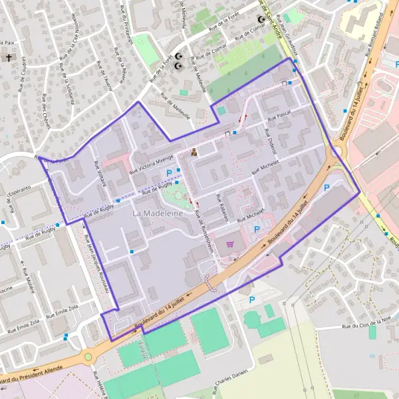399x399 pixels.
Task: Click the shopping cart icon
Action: point(230,244)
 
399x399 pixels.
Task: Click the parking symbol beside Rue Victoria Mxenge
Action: point(169,173)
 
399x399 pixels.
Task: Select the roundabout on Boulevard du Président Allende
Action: point(88,357)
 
